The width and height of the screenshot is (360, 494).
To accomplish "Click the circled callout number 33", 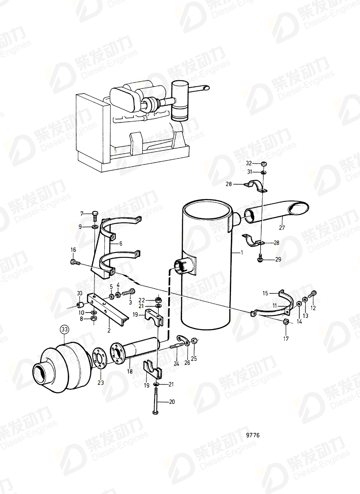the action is tap(64, 336).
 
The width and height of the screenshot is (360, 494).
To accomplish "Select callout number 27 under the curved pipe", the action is tap(282, 227).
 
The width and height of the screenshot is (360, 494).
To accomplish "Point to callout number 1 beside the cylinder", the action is tap(242, 252).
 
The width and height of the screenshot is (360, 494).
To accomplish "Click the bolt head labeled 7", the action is tap(95, 214).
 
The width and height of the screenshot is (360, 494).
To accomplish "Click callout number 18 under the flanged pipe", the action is tap(130, 371).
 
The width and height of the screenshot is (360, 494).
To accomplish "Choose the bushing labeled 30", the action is tap(80, 306).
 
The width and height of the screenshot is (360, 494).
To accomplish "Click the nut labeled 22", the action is tap(158, 299).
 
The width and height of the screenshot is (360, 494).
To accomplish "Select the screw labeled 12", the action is tap(313, 293).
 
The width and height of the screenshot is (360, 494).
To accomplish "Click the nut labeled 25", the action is tap(195, 341).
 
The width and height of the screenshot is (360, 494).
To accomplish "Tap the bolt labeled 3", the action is tap(127, 292).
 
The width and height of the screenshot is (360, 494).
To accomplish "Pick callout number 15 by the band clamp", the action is tap(265, 293).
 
